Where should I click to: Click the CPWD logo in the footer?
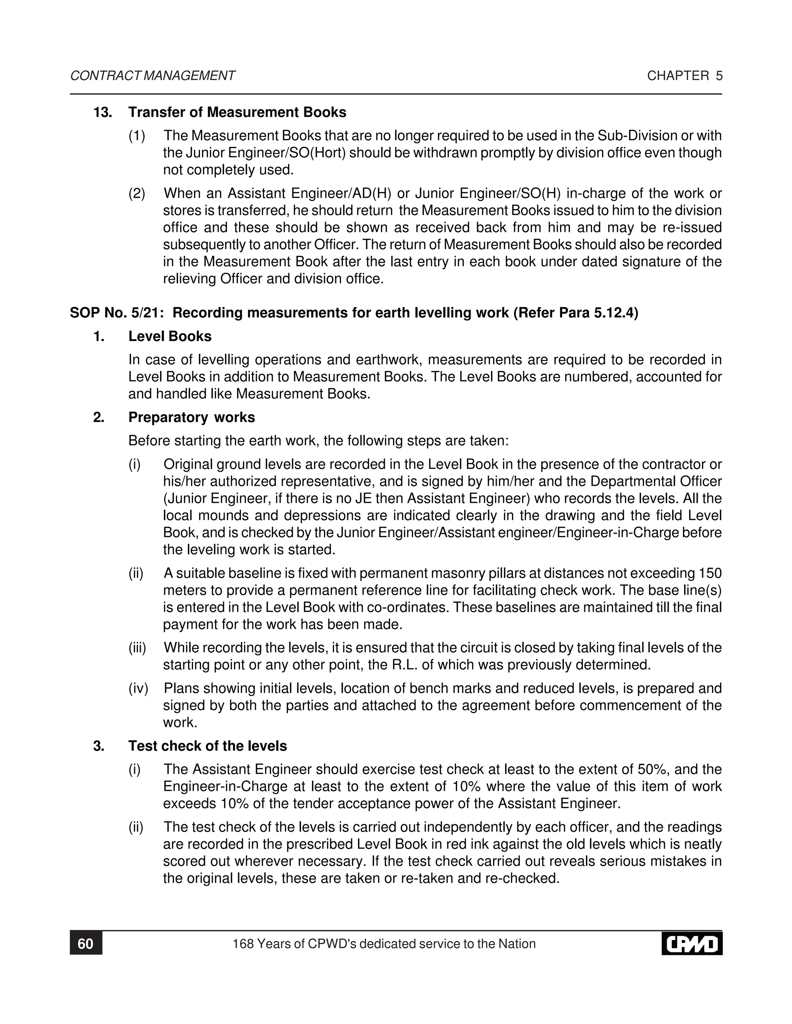click(691, 944)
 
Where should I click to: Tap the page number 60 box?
click(86, 944)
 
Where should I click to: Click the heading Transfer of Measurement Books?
click(237, 112)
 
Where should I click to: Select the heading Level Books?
click(170, 336)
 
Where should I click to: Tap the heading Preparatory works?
click(191, 417)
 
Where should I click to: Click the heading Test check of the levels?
click(207, 746)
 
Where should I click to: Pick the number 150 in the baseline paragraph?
click(710, 573)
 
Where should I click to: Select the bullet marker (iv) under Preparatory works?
click(138, 688)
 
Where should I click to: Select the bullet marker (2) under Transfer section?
click(137, 193)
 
